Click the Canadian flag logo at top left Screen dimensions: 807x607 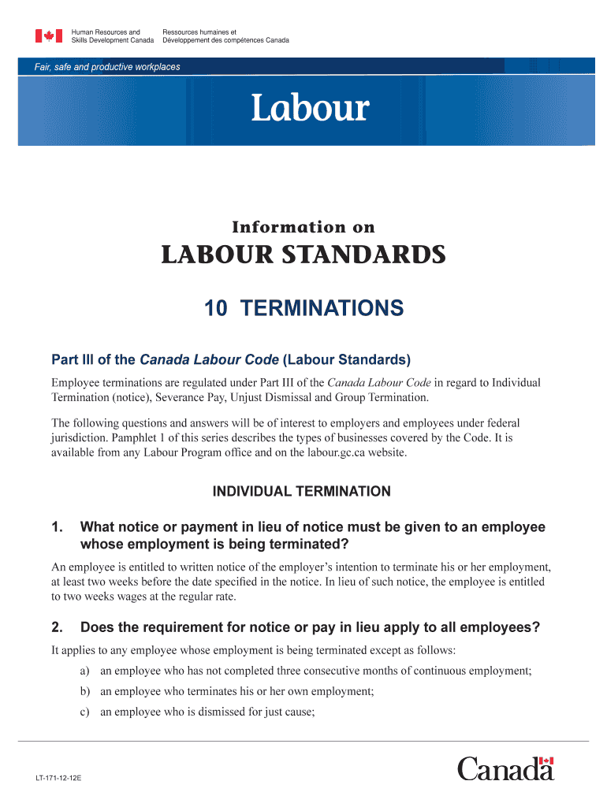(x=49, y=35)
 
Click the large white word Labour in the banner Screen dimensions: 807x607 (x=309, y=108)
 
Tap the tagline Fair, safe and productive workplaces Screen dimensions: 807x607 (x=107, y=67)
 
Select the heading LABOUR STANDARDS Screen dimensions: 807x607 (x=303, y=255)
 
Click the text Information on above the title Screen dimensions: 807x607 (x=303, y=228)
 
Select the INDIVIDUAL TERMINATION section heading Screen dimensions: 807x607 (x=302, y=492)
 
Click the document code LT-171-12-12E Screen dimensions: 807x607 (x=58, y=778)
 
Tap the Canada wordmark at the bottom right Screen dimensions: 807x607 (x=505, y=769)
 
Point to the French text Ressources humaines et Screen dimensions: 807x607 (x=194, y=32)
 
